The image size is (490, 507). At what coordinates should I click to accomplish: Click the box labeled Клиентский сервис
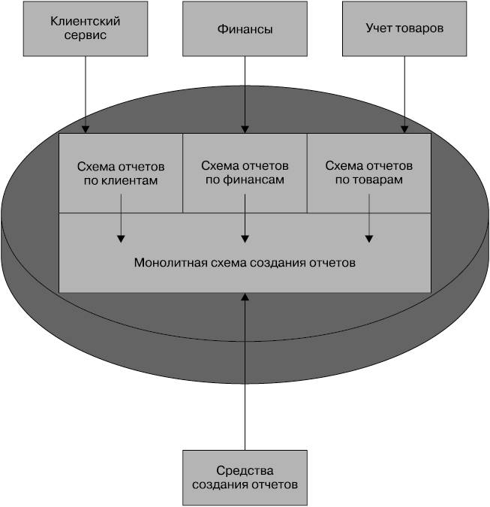coord(86,29)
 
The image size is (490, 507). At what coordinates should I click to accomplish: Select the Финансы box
coord(245,29)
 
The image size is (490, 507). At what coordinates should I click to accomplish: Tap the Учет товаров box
coord(404,29)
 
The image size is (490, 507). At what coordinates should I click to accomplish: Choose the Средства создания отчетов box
coord(245,478)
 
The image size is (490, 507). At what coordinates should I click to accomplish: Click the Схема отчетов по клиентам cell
coord(121,173)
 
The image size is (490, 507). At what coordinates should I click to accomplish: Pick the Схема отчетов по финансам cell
coord(245,173)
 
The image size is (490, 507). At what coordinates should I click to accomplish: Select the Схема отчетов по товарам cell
coord(369,173)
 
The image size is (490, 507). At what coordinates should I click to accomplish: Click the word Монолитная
coord(170,263)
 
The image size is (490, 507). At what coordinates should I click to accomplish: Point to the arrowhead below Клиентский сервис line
coord(86,129)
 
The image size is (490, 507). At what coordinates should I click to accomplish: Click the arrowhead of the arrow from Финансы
coord(245,129)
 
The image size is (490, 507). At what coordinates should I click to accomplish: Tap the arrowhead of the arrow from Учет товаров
coord(404,129)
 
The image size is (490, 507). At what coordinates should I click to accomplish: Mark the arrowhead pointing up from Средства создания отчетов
coord(245,297)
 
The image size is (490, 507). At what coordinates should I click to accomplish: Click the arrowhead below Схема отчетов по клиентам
coord(121,239)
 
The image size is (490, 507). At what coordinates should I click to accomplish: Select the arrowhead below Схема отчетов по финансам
coord(245,239)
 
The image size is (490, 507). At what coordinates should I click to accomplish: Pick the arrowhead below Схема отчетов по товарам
coord(369,239)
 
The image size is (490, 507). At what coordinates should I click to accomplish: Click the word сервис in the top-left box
coord(86,35)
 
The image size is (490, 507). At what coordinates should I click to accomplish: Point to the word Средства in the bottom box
coord(245,470)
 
